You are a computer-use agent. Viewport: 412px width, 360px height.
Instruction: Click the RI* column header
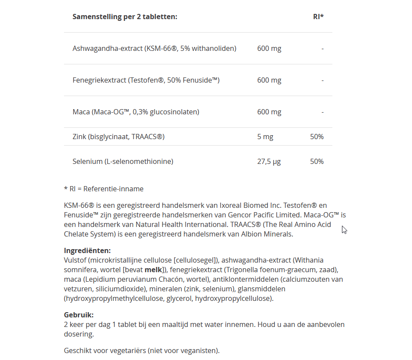(x=318, y=17)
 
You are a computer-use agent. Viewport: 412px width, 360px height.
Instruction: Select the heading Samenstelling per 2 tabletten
(x=125, y=17)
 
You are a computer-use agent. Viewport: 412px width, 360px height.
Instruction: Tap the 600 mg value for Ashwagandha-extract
(x=269, y=49)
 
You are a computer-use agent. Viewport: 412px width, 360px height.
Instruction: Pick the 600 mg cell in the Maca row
(x=269, y=112)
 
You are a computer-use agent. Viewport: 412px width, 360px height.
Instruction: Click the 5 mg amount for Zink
(x=265, y=137)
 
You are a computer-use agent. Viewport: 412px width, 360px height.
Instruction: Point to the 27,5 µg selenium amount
(x=269, y=162)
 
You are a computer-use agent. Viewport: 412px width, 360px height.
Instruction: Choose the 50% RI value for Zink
(x=317, y=137)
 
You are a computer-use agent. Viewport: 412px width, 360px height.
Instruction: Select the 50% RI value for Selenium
(x=317, y=162)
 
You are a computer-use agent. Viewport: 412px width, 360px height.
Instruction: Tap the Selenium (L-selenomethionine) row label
(x=123, y=162)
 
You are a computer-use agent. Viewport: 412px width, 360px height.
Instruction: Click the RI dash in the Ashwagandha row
(x=322, y=49)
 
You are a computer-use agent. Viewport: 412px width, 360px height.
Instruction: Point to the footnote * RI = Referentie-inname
(x=104, y=189)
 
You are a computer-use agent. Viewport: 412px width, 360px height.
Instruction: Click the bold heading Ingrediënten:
(x=87, y=251)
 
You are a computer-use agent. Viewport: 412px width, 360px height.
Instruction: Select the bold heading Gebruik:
(x=79, y=315)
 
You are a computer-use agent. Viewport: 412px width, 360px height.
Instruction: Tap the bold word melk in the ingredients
(x=153, y=270)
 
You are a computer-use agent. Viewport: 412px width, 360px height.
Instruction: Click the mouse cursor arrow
(x=344, y=229)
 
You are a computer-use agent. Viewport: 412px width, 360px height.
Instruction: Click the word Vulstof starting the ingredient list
(x=75, y=260)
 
